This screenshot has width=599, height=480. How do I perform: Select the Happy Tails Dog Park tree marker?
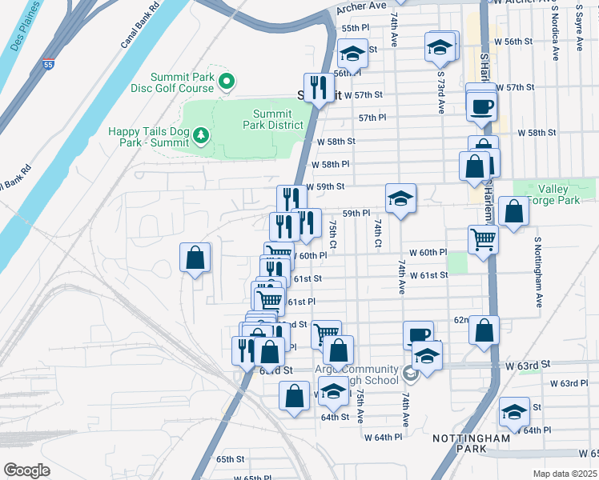200,135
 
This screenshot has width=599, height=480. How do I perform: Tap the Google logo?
27,470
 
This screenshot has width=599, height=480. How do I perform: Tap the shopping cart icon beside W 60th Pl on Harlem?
483,238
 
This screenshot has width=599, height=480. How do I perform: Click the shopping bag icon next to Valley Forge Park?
513,210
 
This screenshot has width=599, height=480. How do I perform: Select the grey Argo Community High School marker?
410,373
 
